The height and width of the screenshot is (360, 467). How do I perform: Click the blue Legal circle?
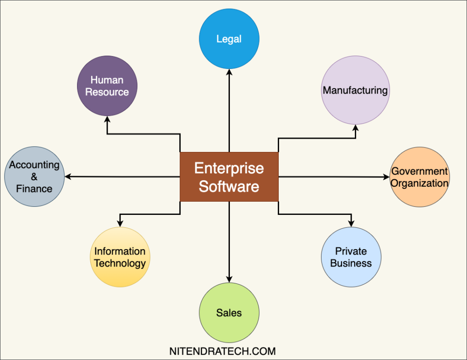tap(229, 39)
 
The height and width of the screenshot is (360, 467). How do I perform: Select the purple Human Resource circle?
tap(107, 86)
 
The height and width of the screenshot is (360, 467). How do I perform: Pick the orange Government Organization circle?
tap(420, 177)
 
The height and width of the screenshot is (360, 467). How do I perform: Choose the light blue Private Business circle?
tap(351, 257)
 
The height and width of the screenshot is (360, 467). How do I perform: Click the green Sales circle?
tap(229, 313)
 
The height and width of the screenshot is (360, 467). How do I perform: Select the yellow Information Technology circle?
tap(120, 257)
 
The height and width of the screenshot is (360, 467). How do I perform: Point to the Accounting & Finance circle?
tap(34, 177)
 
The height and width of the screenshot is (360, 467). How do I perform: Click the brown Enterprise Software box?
tap(229, 177)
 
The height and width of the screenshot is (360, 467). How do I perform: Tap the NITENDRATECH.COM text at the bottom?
tap(223, 351)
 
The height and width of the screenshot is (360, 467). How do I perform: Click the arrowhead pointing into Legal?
tap(229, 72)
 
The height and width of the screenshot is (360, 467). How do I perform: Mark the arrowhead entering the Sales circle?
tap(229, 279)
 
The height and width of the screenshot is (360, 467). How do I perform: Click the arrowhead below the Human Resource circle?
tap(107, 119)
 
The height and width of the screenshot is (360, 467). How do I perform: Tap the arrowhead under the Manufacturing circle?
tap(355, 129)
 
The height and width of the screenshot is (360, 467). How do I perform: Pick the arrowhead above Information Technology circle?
tap(120, 224)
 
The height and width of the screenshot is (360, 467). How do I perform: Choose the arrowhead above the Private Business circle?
tap(351, 224)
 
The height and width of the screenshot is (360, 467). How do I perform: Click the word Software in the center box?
tap(229, 186)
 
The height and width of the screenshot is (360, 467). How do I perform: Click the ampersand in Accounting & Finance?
tap(34, 177)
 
